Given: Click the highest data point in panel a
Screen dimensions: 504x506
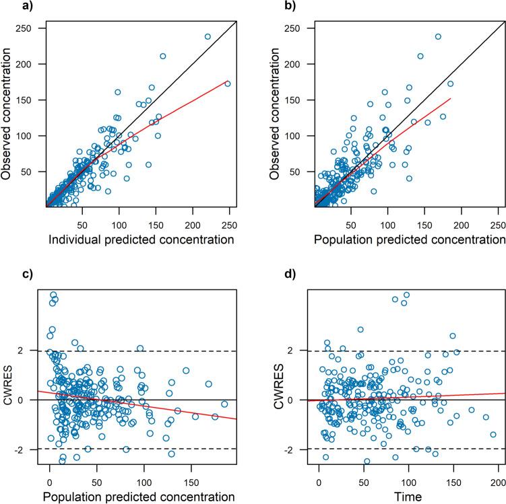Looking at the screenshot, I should [x=208, y=36].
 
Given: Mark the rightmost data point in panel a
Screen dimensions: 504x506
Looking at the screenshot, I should [x=228, y=83].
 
